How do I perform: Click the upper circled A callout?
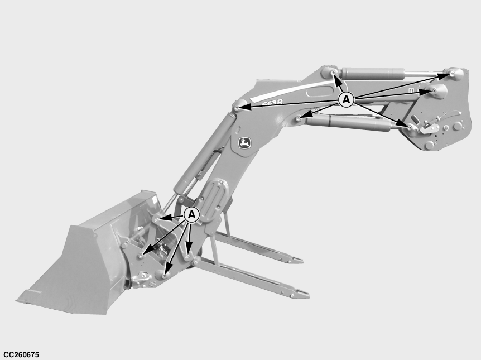tap(346, 100)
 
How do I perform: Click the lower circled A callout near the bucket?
tap(191, 214)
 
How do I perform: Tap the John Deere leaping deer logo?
tap(245, 143)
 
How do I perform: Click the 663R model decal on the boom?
tap(272, 103)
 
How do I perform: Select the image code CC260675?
tap(21, 355)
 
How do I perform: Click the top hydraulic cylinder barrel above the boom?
tap(371, 74)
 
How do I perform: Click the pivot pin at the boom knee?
tap(237, 108)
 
